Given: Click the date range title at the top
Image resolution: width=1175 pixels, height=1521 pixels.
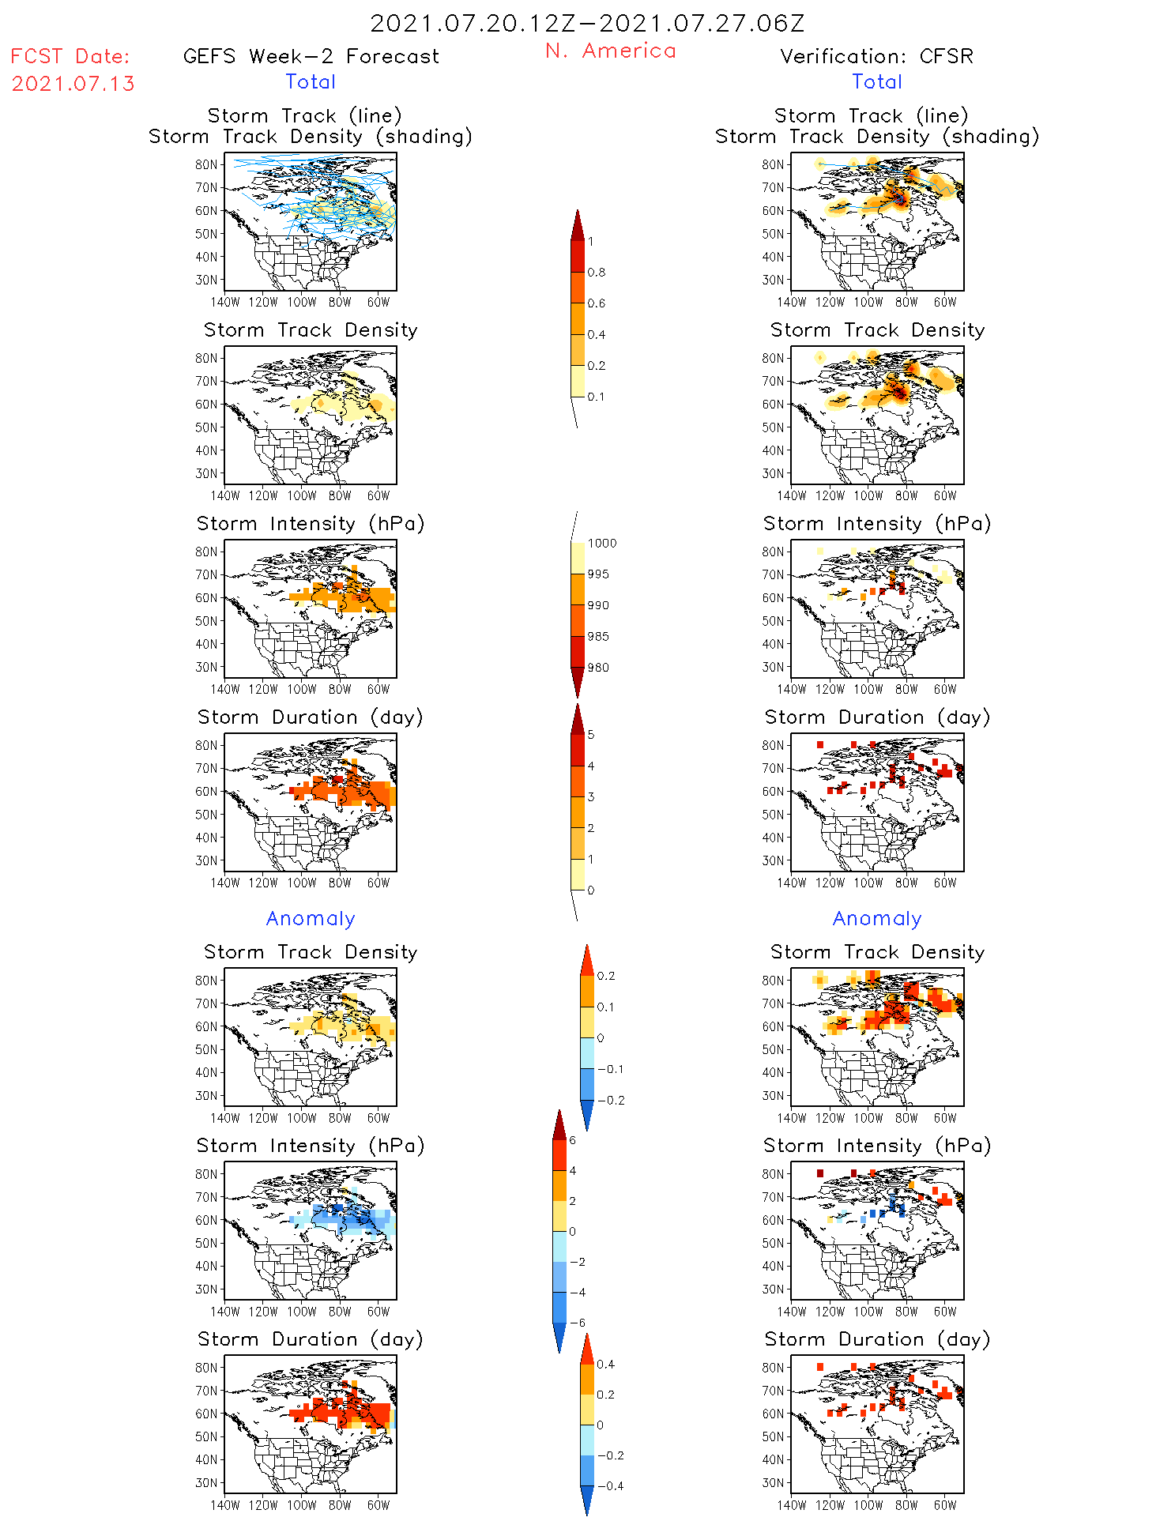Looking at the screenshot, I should coord(587,24).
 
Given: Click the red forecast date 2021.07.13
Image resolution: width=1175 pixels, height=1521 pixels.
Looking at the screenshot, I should coord(73,84).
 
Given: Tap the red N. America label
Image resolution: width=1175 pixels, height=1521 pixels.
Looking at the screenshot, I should coord(610,51).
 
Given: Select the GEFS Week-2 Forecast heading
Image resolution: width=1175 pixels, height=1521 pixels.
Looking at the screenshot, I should coord(311,57).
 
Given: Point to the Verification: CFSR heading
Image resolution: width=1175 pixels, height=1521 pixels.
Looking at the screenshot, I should coord(876,57).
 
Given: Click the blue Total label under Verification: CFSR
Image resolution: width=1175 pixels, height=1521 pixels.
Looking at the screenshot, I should coord(876,82).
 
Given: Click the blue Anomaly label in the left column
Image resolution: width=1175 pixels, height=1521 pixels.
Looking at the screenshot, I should coord(311,919).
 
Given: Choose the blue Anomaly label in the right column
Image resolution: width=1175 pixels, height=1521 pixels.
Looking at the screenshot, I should coord(877,919).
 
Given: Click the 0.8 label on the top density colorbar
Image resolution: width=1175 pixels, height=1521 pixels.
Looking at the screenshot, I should coord(597,273).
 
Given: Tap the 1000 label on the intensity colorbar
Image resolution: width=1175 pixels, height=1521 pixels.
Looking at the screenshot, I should coord(601,544).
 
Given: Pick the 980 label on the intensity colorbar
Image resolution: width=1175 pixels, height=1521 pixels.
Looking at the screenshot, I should coord(598,668).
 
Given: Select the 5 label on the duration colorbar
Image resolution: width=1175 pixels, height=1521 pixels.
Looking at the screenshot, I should coord(591,735).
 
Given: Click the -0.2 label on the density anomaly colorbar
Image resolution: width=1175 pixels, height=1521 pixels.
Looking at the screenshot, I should coord(610,1101).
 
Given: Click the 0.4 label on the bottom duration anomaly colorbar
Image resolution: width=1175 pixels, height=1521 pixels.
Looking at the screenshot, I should coord(605,1365).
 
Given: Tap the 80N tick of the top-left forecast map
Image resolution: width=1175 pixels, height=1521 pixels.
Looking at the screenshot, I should coord(206,165).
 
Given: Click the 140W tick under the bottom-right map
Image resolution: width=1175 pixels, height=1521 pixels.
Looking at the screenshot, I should coord(791,1505).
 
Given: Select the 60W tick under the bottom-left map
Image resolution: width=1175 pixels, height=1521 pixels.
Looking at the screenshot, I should coord(378,1505).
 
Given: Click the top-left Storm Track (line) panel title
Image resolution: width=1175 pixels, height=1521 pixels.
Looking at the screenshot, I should coord(304,116).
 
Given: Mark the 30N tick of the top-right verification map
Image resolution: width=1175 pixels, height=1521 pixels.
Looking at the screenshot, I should coord(773,280).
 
